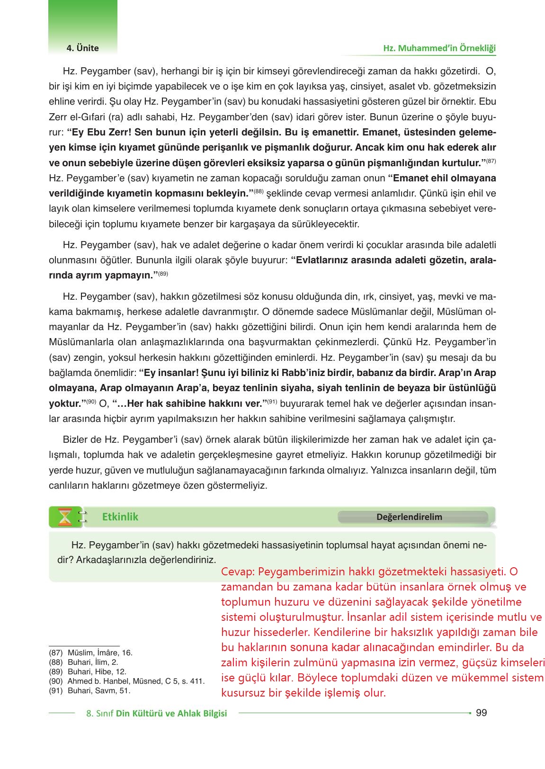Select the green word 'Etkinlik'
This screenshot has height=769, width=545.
click(x=120, y=517)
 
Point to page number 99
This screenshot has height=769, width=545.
click(x=481, y=713)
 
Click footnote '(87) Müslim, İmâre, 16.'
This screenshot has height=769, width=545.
click(x=91, y=653)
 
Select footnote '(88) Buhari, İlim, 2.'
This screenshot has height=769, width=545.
click(x=83, y=662)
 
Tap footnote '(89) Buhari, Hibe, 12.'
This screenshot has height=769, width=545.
click(x=87, y=671)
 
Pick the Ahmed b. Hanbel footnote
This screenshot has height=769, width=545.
click(x=126, y=681)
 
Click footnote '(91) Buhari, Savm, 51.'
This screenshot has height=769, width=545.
click(x=89, y=690)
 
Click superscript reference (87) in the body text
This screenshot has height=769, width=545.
click(x=491, y=161)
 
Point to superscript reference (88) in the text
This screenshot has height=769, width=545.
click(x=258, y=192)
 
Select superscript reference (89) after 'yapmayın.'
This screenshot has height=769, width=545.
click(x=163, y=273)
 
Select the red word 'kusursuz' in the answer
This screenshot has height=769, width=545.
click(x=241, y=693)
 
